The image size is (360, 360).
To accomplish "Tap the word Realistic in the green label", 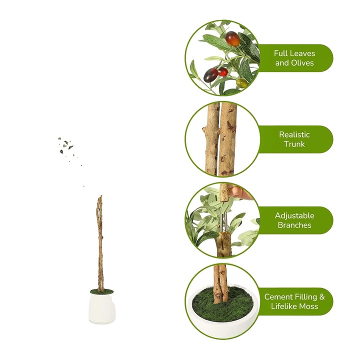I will pyautogui.click(x=294, y=134).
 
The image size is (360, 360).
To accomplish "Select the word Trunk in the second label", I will pyautogui.click(x=294, y=144).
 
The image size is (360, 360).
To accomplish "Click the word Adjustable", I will pyautogui.click(x=294, y=215).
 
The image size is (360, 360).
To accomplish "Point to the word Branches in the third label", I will pyautogui.click(x=294, y=225).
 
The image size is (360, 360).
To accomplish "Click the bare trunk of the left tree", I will pyautogui.click(x=100, y=240).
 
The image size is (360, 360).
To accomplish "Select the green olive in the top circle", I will pyautogui.click(x=241, y=83).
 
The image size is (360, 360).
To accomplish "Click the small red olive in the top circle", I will pyautogui.click(x=223, y=72).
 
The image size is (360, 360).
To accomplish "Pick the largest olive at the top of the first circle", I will pyautogui.click(x=232, y=38).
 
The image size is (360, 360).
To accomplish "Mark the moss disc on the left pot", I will pyautogui.click(x=102, y=291).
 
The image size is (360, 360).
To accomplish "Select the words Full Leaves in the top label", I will pyautogui.click(x=294, y=53).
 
